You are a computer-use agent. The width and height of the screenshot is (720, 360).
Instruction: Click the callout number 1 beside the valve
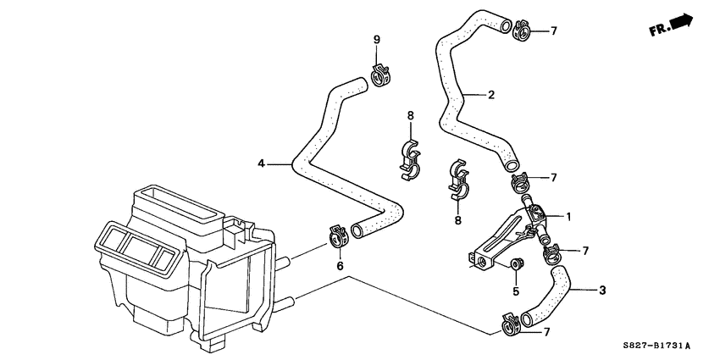pyautogui.click(x=568, y=216)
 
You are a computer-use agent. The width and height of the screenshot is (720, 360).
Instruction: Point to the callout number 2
pyautogui.click(x=490, y=95)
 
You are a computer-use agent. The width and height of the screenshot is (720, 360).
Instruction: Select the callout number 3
pyautogui.click(x=601, y=291)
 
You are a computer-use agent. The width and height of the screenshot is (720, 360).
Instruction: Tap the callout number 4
pyautogui.click(x=261, y=163)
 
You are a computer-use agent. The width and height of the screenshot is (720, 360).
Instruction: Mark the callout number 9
pyautogui.click(x=378, y=39)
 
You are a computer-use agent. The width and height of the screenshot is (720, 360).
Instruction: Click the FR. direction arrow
pyautogui.click(x=670, y=25)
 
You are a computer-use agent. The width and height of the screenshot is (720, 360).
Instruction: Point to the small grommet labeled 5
pyautogui.click(x=514, y=264)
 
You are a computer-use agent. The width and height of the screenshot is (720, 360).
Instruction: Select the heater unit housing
pyautogui.click(x=182, y=267)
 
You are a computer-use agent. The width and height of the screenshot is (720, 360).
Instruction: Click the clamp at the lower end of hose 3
pyautogui.click(x=511, y=322)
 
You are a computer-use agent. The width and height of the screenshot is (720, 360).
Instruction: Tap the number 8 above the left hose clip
pyautogui.click(x=410, y=115)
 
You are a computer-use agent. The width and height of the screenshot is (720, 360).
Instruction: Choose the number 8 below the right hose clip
pyautogui.click(x=457, y=220)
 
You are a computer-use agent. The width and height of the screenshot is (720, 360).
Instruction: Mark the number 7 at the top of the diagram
pyautogui.click(x=553, y=31)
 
